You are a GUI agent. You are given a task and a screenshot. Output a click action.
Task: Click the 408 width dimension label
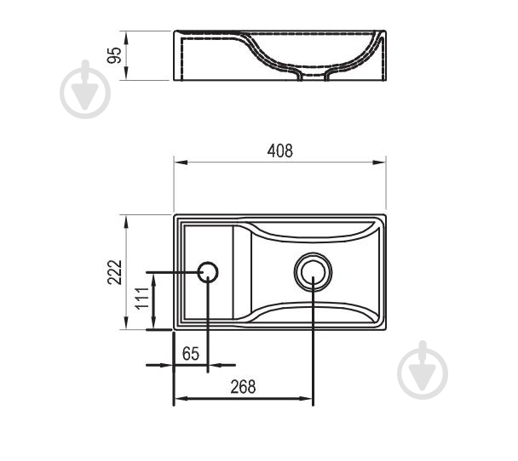[279, 151]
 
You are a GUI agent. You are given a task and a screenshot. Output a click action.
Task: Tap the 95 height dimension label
[114, 55]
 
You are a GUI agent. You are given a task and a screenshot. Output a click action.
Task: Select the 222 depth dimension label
[115, 272]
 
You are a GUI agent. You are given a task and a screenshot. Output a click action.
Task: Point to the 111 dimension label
[142, 298]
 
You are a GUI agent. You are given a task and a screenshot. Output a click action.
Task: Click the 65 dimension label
[191, 354]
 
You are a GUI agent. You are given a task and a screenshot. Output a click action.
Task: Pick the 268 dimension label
[243, 386]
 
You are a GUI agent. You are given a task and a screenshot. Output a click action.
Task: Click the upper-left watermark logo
[85, 89]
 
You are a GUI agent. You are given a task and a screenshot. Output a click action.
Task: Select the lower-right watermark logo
[423, 370]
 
